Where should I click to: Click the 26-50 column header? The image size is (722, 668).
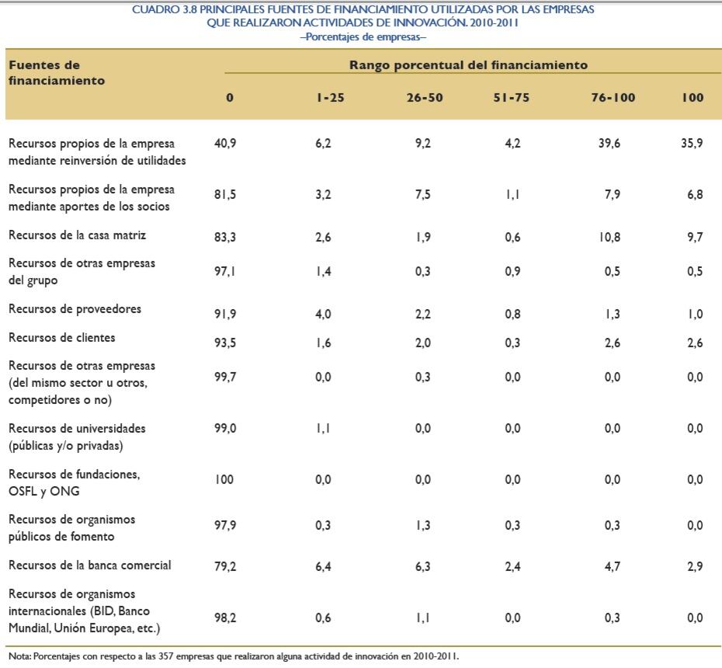pyautogui.click(x=424, y=98)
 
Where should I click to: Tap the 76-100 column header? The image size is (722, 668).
pyautogui.click(x=613, y=98)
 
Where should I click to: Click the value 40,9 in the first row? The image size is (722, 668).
pyautogui.click(x=225, y=144)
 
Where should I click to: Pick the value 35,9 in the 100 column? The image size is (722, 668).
pyautogui.click(x=692, y=144)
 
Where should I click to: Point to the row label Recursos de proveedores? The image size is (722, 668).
pyautogui.click(x=75, y=309)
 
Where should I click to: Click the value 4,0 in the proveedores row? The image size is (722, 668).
pyautogui.click(x=323, y=315)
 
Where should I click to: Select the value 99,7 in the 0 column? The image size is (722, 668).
pyautogui.click(x=225, y=377)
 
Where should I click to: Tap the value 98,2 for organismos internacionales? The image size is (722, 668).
pyautogui.click(x=225, y=618)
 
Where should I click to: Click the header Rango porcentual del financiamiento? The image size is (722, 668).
pyautogui.click(x=467, y=65)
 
